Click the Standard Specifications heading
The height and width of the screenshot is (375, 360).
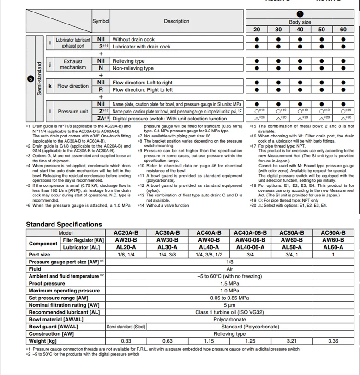64,225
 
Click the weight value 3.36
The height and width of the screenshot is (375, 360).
333,341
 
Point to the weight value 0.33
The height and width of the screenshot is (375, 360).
126,341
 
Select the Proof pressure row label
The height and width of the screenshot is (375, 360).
47,283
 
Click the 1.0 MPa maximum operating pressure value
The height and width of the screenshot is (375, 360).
229,291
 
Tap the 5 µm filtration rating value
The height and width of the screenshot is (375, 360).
229,305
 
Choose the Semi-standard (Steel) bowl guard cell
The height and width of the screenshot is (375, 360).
126,327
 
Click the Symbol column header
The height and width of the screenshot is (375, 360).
101,21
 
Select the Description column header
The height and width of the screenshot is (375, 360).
176,21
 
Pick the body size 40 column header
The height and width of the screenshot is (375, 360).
300,30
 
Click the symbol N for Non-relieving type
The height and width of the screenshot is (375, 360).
101,68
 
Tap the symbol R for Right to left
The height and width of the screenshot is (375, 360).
101,90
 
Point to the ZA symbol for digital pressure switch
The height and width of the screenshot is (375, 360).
101,119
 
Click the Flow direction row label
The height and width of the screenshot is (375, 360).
72,86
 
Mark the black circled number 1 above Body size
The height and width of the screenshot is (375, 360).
300,14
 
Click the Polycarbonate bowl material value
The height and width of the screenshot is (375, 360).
229,319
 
